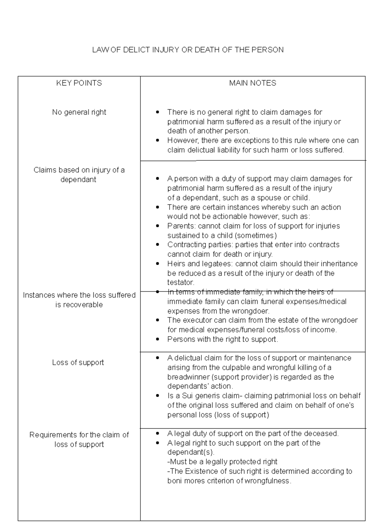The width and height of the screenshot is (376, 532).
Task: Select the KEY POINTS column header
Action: pos(79,83)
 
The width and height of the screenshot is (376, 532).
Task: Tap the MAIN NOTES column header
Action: pos(253,83)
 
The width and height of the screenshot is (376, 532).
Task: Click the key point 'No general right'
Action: pos(79,112)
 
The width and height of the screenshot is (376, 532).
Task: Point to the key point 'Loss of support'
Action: pos(78,362)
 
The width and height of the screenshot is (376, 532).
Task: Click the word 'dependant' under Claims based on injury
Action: pos(78,180)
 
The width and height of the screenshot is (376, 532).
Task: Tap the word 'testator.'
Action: pos(181,282)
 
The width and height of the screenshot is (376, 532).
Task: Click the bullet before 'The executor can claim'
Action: pos(158,320)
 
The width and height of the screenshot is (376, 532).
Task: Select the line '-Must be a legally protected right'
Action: pos(222,462)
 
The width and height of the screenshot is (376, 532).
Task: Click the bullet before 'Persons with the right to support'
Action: pos(158,339)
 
